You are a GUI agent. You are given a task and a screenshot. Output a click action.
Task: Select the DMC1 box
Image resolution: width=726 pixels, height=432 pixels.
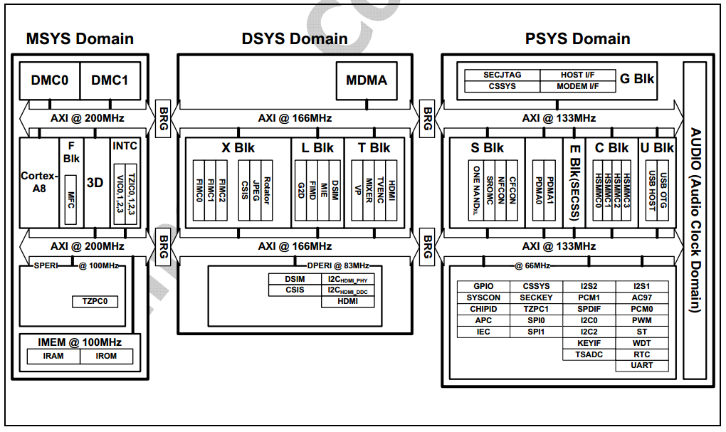[110, 80]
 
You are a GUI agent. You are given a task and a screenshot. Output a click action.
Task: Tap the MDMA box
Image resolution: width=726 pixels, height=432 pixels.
[367, 80]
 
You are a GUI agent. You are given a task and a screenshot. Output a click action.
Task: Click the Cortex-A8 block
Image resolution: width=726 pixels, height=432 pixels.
[38, 182]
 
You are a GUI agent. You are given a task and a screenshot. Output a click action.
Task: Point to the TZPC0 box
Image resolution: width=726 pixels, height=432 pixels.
[95, 302]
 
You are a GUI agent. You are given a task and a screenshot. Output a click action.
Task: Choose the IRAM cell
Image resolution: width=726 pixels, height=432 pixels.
[53, 356]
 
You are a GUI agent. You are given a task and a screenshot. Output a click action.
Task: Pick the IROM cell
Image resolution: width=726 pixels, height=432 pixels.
[106, 356]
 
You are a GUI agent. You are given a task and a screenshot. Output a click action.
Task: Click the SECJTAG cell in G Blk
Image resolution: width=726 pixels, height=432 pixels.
[503, 75]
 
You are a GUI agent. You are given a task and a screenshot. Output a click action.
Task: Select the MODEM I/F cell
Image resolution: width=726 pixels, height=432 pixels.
[577, 86]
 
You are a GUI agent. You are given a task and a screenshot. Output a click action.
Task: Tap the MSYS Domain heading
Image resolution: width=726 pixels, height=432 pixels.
[80, 38]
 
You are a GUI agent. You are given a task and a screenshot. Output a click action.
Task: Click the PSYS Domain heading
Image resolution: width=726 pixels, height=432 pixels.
[578, 38]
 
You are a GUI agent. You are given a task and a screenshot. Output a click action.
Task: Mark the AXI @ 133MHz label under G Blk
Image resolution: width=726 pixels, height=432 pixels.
[559, 118]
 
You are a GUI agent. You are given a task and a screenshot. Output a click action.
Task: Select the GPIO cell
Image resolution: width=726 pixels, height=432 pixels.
[483, 286]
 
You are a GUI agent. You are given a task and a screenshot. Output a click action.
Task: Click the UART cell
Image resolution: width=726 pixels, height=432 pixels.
[642, 366]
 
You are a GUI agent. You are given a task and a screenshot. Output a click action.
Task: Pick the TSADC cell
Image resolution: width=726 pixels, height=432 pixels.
[589, 354]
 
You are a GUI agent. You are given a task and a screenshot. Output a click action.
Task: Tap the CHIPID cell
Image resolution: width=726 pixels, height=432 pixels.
[483, 309]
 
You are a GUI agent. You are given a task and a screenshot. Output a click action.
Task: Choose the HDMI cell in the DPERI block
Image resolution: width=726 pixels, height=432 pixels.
[348, 301]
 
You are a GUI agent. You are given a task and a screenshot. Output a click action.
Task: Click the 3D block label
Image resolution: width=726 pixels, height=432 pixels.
[95, 182]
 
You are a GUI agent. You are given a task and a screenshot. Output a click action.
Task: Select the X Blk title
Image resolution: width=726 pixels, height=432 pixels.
[238, 148]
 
